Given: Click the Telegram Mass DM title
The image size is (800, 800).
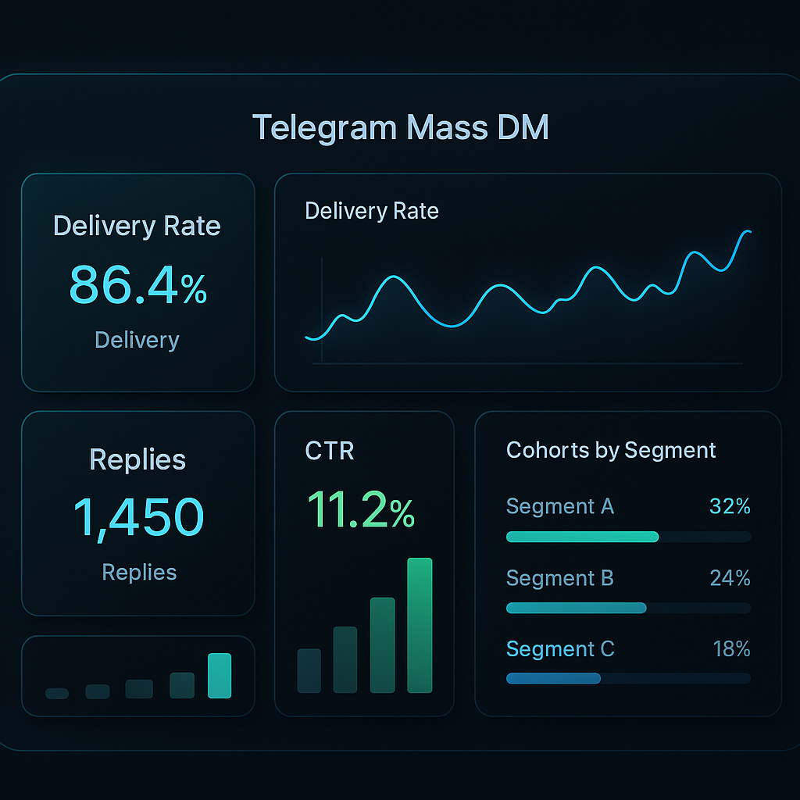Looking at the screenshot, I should (400, 127).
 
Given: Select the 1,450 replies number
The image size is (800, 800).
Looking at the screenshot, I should (138, 516).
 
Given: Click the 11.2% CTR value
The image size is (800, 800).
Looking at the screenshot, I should (361, 511).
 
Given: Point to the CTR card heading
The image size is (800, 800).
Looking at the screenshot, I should (329, 451).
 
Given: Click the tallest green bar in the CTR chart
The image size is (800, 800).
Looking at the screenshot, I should (420, 625).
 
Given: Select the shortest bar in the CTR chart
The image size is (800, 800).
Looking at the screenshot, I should (309, 670).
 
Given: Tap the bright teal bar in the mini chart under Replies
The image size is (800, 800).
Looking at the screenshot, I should (220, 675).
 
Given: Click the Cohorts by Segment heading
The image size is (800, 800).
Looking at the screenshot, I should (611, 451).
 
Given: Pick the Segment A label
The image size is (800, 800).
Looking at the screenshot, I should (560, 507).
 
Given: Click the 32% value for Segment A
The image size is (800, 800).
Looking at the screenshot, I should (730, 507).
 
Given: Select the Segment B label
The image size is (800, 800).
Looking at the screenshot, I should (560, 578).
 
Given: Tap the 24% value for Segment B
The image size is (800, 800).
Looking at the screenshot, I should (730, 578).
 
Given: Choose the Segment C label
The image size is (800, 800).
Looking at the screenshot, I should (560, 649).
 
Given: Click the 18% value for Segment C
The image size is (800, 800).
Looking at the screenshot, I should (731, 649).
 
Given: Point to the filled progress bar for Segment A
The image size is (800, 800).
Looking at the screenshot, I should (582, 537).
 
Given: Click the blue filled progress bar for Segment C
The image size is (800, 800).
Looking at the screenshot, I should (553, 679).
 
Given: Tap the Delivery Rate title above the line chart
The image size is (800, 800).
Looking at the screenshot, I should (372, 211).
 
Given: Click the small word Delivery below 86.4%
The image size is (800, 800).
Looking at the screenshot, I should (137, 340).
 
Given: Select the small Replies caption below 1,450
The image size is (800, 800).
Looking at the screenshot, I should (139, 572).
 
